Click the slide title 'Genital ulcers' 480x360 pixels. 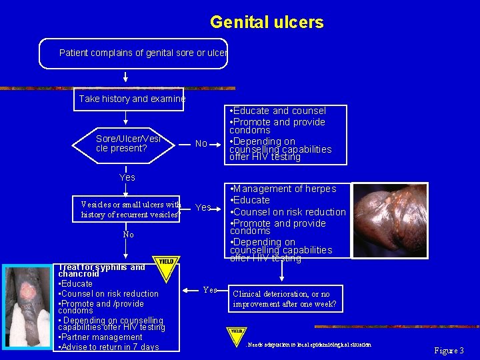pos(267,23)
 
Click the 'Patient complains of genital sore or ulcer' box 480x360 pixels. pos(133,53)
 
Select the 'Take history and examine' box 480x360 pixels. pos(132,99)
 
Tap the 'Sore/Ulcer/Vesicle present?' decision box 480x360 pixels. pos(129,143)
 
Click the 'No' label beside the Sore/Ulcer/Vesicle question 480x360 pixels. pos(201,144)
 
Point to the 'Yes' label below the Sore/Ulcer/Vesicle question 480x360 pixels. pos(127,177)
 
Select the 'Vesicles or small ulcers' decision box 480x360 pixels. pos(131,209)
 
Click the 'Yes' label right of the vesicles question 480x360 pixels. pos(203,208)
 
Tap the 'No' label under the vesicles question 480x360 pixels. pos(128,235)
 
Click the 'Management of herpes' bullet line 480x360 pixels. pos(283,189)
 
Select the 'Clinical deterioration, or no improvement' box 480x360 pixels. pos(285,299)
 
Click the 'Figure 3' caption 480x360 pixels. pos(449,350)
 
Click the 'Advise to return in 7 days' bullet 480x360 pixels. pos(109,347)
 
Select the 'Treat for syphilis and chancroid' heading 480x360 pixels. pos(101,270)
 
